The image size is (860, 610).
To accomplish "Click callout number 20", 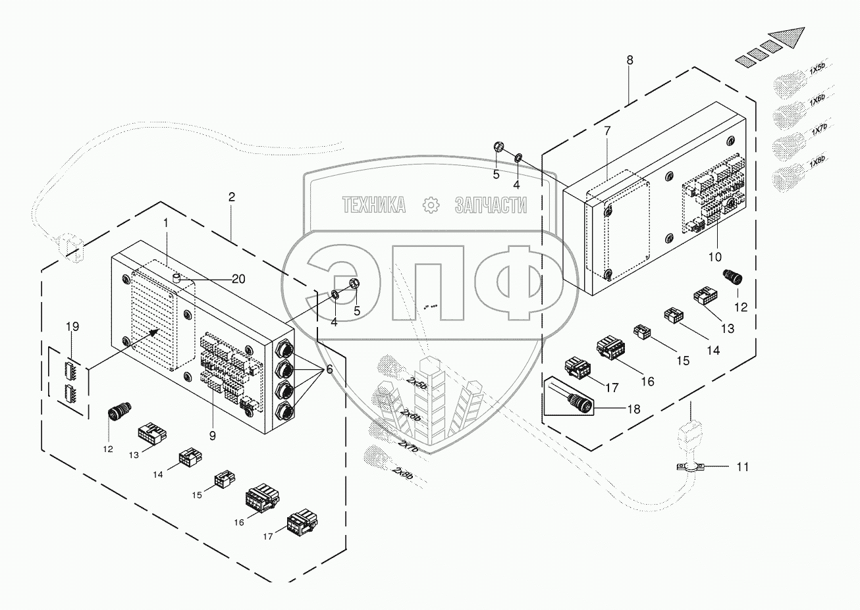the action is point(238,279).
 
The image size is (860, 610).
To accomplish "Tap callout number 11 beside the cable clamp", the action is point(742,467).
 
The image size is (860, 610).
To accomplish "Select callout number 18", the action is point(633,409).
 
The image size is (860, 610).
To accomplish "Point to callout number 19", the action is point(73,326).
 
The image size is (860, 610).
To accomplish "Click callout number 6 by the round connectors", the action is point(329,371).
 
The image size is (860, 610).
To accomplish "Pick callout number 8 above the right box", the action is point(630,60).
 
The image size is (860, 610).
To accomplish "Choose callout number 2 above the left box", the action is point(231,197).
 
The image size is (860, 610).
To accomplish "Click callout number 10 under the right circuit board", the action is point(714,255).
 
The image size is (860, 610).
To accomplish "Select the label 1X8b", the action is point(817,162).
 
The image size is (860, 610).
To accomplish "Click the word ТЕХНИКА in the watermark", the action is point(373,205).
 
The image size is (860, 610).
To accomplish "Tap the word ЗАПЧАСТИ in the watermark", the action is point(491,205).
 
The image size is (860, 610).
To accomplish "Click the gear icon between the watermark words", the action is point(431,205).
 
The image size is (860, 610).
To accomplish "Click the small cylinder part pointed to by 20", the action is point(176,280).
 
